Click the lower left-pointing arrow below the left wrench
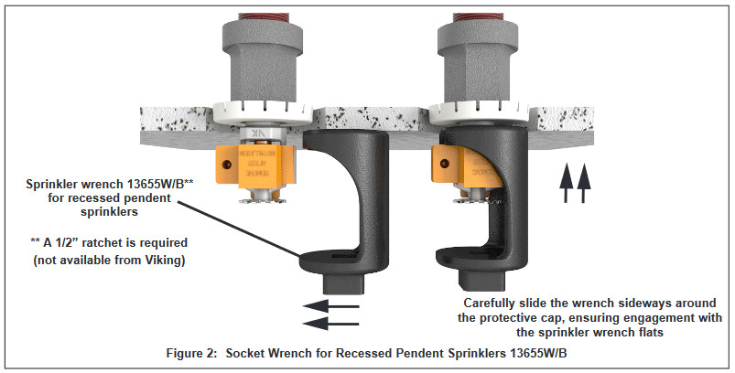327,323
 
